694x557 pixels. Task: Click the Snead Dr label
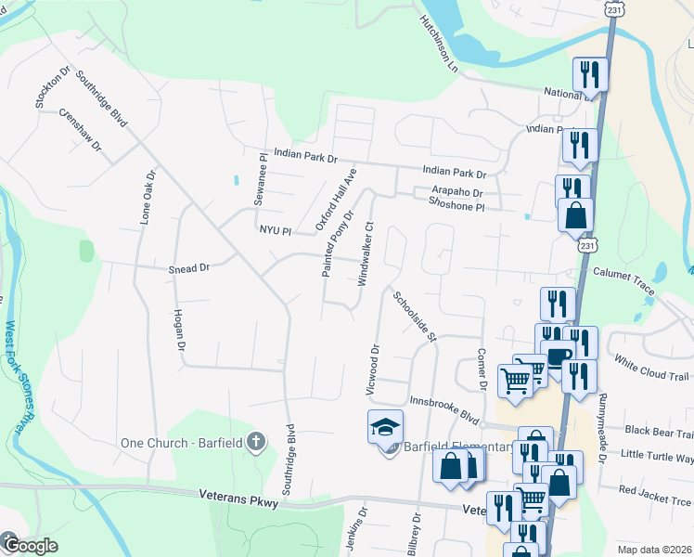tap(189, 268)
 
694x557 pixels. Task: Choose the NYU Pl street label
tap(275, 229)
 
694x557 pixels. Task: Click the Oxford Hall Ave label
tap(336, 200)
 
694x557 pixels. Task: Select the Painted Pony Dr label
tap(338, 243)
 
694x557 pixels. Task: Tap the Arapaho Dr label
tap(456, 192)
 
